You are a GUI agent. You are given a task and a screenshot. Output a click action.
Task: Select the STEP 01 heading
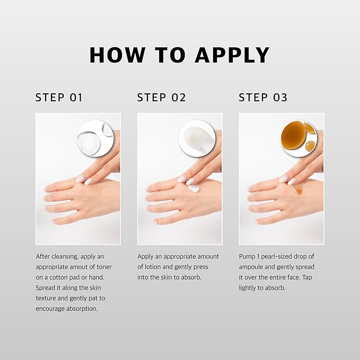coord(59,98)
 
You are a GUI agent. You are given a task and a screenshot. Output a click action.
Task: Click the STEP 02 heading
coord(161,98)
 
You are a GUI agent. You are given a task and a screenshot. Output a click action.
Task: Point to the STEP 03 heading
coord(263,98)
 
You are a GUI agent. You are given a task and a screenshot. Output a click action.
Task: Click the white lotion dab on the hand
coord(194,188)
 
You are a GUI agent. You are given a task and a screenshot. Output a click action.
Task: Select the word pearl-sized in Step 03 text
coord(282,256)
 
